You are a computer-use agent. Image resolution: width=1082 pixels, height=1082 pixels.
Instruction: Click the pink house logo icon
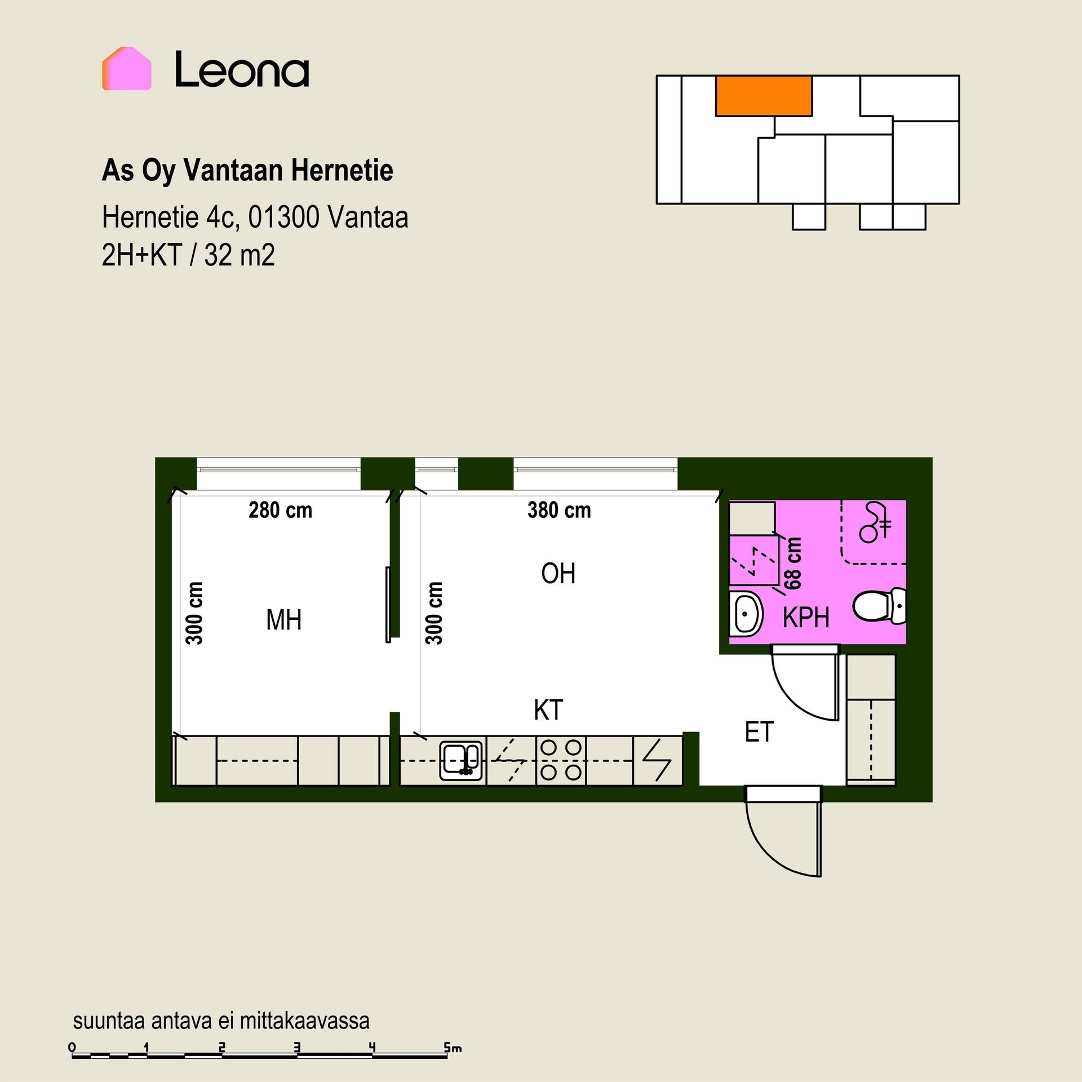coord(126,69)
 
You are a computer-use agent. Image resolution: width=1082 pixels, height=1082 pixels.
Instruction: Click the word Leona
coord(242,69)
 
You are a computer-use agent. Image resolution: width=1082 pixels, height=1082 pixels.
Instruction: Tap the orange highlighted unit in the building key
coord(764,96)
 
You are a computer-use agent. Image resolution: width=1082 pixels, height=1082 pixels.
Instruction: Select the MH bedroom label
coord(284,620)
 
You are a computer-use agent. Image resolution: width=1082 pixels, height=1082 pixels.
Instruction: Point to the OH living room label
coord(558,574)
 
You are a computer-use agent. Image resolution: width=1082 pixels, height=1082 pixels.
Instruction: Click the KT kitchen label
coord(548,710)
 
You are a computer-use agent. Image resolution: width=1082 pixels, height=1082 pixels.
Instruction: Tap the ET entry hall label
coord(759,732)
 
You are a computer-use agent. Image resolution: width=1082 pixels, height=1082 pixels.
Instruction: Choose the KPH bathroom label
coord(806,618)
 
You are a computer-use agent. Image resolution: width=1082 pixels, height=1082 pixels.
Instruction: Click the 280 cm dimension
coord(280,511)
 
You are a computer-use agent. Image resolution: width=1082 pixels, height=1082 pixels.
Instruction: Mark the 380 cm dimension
coord(559,511)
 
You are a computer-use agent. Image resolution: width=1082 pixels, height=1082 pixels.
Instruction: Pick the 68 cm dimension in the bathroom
coord(793,563)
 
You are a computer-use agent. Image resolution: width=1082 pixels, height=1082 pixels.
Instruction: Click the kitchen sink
coord(462,761)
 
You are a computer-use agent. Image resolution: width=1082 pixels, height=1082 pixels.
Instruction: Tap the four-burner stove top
coord(561,761)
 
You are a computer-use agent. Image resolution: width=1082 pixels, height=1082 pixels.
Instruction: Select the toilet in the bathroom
coord(880,606)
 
